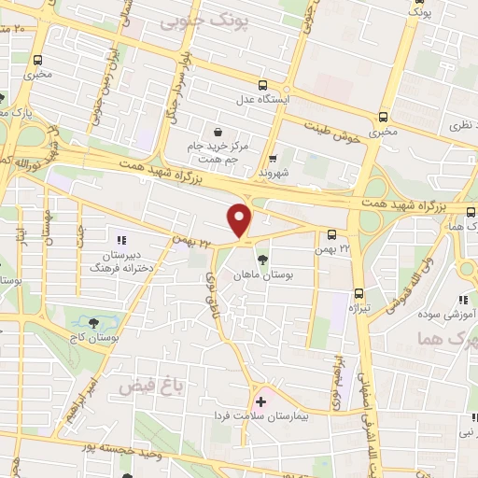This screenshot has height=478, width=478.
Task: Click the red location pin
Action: [240, 220]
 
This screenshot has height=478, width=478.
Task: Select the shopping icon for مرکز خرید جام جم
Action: [218, 133]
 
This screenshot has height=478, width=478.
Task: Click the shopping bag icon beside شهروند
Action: [273, 158]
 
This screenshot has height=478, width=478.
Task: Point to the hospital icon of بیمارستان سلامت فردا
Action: [260, 401]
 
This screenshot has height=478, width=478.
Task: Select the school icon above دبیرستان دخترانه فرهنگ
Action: [121, 229]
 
